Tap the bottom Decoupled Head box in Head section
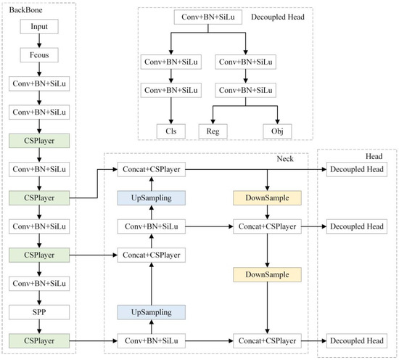[x=357, y=340]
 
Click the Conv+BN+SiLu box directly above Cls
[x=171, y=91]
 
